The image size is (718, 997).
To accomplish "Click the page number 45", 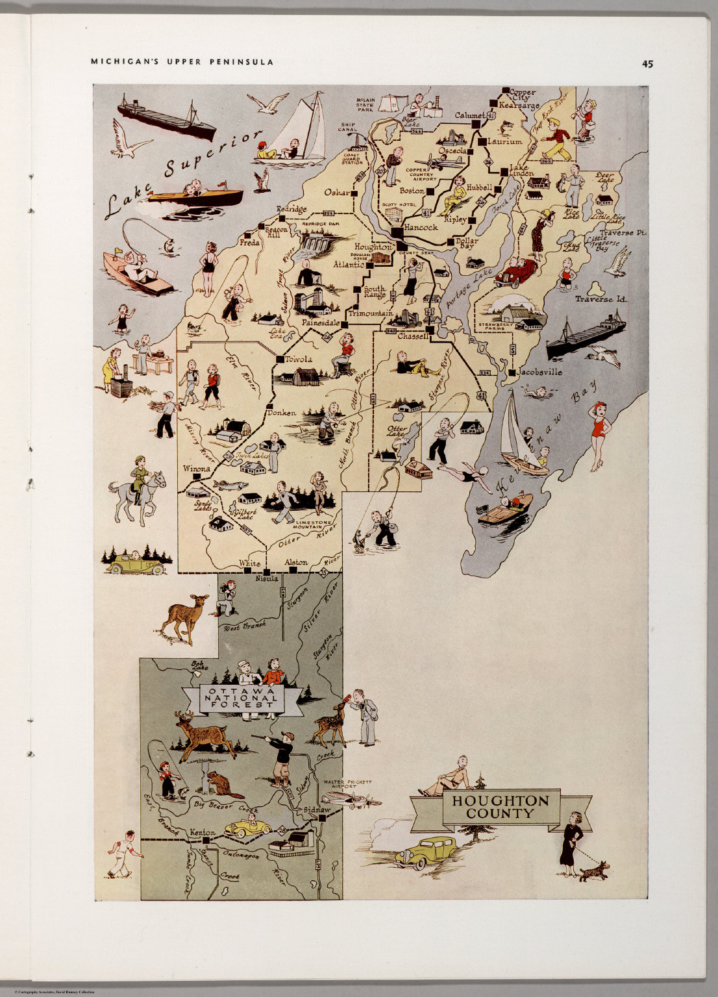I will [647, 64].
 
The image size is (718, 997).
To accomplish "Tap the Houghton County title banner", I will [501, 807].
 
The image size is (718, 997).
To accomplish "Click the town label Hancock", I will [421, 228].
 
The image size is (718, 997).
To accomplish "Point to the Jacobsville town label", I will [539, 372].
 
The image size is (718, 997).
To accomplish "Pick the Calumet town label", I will [469, 115].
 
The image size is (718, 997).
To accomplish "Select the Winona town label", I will [197, 468].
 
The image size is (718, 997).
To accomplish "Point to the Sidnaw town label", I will [317, 811].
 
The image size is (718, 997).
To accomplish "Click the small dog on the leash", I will [595, 870].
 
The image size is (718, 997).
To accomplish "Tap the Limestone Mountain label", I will [314, 525].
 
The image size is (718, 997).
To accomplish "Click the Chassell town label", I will [413, 336].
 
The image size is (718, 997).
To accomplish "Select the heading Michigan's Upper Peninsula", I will [182, 62].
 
